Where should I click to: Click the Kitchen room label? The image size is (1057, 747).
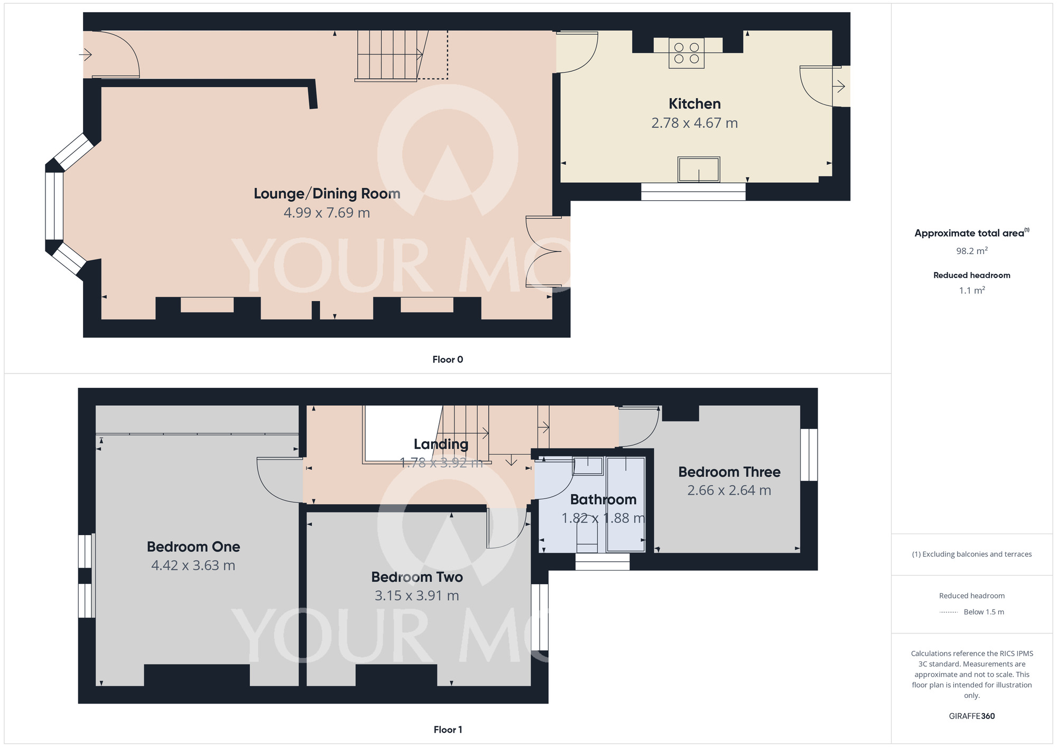point(694,104)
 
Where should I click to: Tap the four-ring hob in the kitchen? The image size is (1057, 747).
point(687,53)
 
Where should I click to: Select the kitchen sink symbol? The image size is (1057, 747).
point(699,170)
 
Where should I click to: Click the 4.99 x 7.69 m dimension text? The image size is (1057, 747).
point(327,213)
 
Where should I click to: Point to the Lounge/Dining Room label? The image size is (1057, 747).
point(327,193)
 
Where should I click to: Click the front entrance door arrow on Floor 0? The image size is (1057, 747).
point(86,54)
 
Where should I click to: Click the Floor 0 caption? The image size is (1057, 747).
point(448,360)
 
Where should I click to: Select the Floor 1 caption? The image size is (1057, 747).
point(448,730)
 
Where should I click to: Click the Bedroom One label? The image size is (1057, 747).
point(193,547)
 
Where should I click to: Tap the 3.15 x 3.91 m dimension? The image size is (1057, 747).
point(416,596)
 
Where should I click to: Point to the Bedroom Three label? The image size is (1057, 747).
point(729,472)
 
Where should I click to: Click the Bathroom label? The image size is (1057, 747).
point(603,499)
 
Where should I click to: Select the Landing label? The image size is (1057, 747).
point(441,444)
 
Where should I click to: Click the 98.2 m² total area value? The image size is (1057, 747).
point(971,251)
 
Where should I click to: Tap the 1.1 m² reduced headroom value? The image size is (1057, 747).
point(971,291)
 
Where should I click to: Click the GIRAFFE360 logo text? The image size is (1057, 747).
point(971,716)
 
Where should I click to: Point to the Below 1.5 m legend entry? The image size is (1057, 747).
point(983,612)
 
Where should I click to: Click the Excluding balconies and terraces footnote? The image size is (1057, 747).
point(971,554)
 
